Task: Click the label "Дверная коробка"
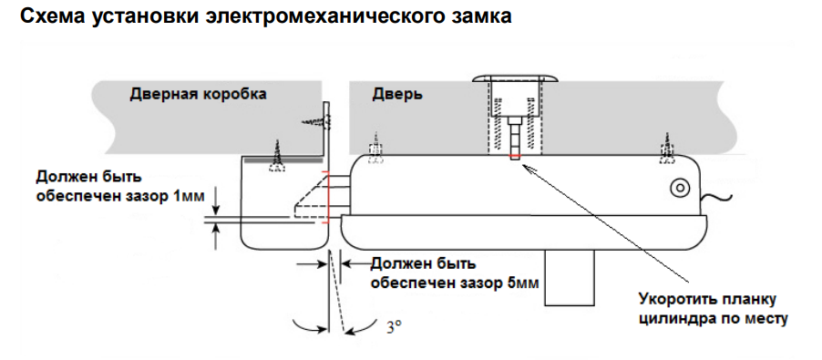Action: click(x=198, y=94)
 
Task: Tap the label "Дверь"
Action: click(x=397, y=95)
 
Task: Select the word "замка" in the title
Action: click(x=476, y=15)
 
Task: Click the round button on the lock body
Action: click(x=679, y=188)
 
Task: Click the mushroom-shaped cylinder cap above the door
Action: click(x=515, y=79)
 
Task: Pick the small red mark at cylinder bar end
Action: click(x=515, y=157)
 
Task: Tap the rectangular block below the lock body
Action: click(x=570, y=277)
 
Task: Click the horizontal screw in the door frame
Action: click(x=316, y=122)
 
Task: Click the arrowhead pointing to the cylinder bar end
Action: click(x=529, y=170)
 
